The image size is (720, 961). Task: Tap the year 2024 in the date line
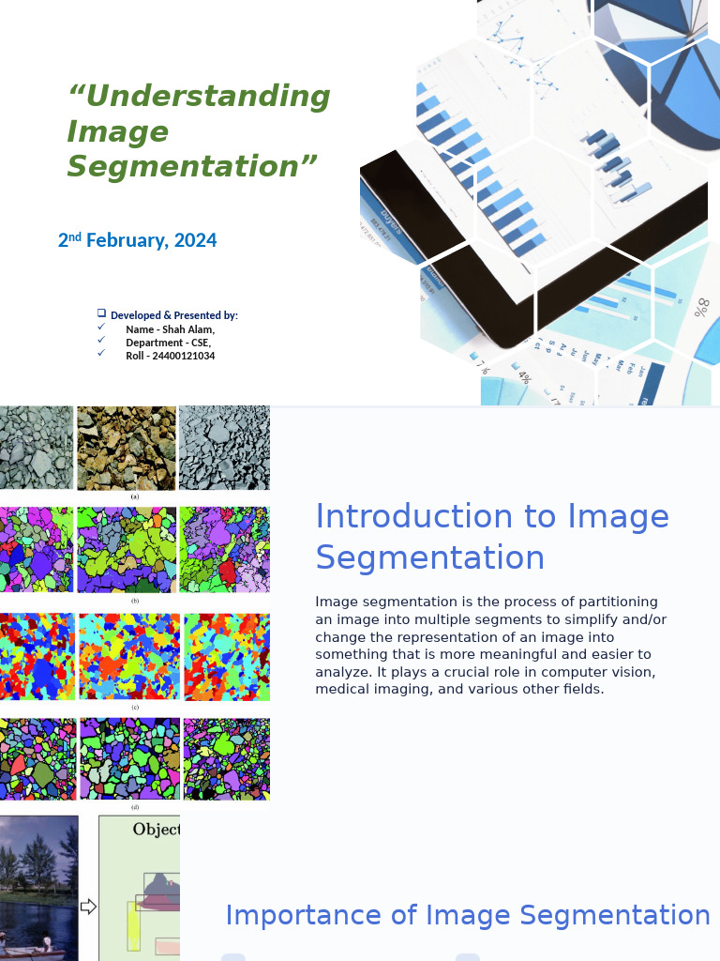tap(195, 240)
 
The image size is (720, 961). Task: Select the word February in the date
tap(127, 240)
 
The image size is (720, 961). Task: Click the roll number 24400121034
tap(183, 356)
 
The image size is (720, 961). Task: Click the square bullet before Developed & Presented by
tap(101, 313)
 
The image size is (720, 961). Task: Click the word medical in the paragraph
tap(344, 689)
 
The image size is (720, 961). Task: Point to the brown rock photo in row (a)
tap(127, 448)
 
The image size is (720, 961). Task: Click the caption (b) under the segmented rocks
tap(135, 601)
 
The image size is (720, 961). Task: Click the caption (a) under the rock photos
tap(135, 496)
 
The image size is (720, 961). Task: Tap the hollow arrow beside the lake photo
tap(88, 907)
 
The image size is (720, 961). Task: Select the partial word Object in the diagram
tap(156, 830)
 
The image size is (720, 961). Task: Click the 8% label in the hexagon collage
tap(701, 306)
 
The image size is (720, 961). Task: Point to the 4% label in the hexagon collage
tap(524, 377)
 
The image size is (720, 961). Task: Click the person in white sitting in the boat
tap(47, 941)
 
